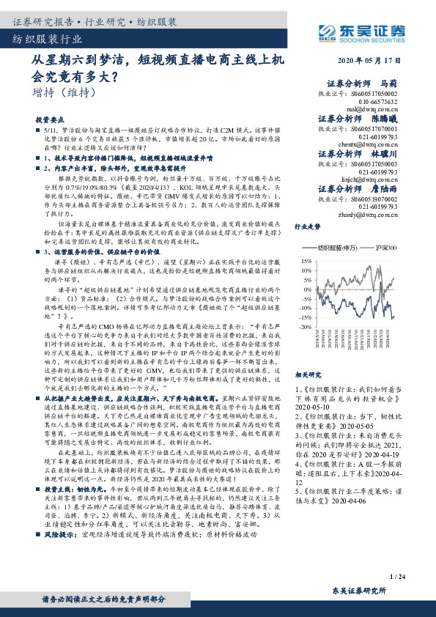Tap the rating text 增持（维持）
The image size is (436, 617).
[64, 94]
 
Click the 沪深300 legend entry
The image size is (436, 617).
[383, 249]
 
